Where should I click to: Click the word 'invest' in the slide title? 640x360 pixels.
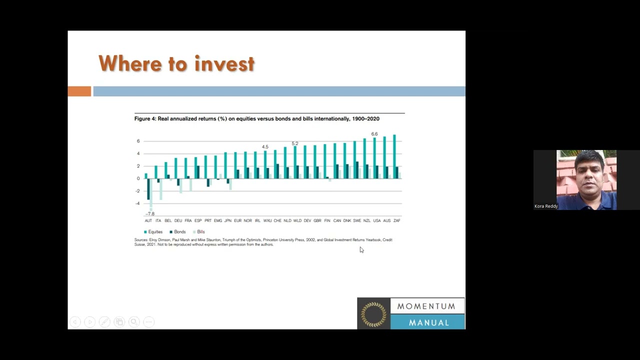pos(224,64)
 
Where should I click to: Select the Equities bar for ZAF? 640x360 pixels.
pos(394,156)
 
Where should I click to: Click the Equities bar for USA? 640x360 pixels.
pos(374,158)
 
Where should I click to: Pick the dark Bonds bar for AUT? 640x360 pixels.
pos(148,189)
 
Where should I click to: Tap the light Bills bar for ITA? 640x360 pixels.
pos(161,189)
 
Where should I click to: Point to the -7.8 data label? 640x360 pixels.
pos(150,214)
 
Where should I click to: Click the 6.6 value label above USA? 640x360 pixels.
pos(374,134)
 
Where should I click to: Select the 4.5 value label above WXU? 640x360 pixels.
pos(265,147)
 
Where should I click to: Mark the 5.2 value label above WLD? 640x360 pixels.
pos(295,143)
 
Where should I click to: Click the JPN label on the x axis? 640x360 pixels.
pos(228,220)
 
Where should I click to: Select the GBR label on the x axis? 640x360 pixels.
pos(317,220)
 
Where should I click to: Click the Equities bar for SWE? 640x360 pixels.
pos(354,159)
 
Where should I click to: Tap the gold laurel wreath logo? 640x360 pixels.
pos(373,314)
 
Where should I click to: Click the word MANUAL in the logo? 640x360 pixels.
pos(428,322)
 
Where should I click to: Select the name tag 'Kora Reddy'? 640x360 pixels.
pos(546,206)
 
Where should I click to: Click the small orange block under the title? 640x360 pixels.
pos(79,91)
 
